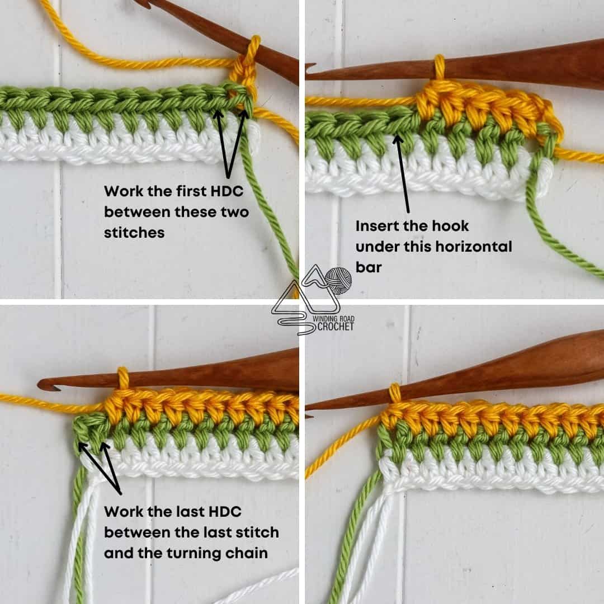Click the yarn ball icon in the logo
coord(338,279)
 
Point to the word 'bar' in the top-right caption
coord(369,267)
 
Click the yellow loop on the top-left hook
coord(254,50)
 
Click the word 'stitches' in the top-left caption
coord(134,233)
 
